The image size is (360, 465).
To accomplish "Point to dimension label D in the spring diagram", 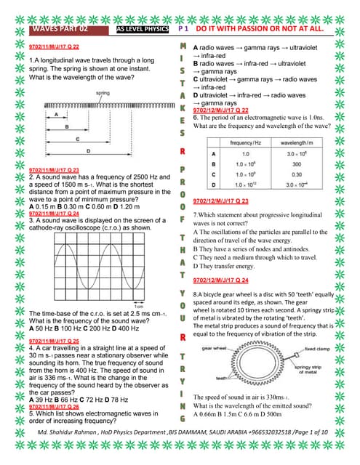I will (89, 150).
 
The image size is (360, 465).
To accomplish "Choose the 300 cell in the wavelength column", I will (296, 164).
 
